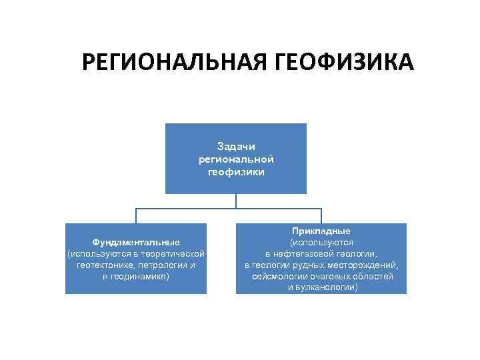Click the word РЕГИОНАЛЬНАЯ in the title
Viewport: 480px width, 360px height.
tap(174, 63)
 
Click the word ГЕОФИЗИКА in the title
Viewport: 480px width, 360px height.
tap(343, 63)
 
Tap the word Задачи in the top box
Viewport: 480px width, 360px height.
tap(236, 146)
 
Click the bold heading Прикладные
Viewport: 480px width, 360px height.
tap(321, 231)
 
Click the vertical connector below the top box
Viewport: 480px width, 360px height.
tap(236, 201)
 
